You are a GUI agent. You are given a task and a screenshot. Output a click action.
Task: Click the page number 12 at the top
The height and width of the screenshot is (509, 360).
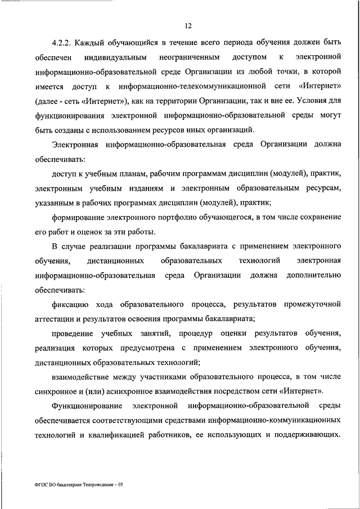coord(188,25)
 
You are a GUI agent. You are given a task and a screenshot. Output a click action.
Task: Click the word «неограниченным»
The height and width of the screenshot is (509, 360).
coord(187,57)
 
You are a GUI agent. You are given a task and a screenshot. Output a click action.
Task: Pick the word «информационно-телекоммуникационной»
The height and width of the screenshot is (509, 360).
coord(201,85)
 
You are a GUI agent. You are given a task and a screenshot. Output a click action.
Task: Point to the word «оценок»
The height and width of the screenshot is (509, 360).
coord(100,232)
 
